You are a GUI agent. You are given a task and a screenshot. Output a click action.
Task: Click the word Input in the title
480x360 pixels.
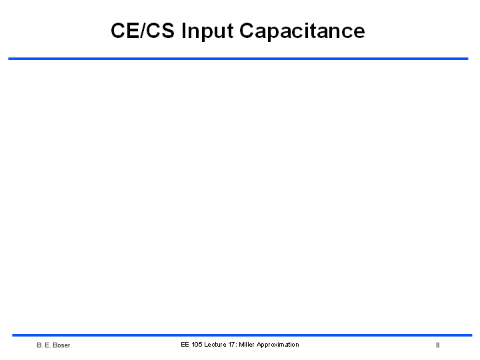coord(207,32)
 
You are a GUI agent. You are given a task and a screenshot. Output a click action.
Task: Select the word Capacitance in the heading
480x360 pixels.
coord(302,31)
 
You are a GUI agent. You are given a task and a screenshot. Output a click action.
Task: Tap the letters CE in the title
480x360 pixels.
coord(125,31)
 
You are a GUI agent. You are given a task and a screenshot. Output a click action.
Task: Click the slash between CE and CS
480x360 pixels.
coord(143,31)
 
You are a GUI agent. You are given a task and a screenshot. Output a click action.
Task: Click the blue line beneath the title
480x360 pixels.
coord(238,59)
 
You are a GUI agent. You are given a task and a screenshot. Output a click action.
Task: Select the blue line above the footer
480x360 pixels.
coord(242,335)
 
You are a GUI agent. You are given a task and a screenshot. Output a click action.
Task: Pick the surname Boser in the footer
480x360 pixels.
coord(61,345)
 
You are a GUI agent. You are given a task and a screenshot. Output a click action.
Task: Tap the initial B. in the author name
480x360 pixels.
coord(40,345)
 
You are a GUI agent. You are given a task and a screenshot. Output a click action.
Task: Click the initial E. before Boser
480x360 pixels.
coord(48,345)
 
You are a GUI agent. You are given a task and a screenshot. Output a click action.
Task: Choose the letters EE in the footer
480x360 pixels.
coord(185,345)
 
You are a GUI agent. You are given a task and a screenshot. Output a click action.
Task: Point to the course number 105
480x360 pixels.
coord(197,345)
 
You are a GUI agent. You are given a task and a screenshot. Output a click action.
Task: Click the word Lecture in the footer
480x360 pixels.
coord(215,345)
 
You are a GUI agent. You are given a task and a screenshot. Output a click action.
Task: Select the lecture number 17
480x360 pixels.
coord(231,345)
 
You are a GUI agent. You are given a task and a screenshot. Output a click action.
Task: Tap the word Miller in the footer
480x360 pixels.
coord(247,345)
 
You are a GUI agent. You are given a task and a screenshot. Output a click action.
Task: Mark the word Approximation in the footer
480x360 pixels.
coord(277,345)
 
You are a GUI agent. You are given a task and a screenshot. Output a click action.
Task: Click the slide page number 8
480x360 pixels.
coord(438,345)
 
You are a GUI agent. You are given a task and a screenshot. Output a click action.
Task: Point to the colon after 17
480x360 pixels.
coord(236,345)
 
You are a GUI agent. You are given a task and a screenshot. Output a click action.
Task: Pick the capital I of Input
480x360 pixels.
coord(184,31)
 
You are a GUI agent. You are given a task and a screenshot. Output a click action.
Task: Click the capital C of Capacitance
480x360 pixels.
coord(247,31)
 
